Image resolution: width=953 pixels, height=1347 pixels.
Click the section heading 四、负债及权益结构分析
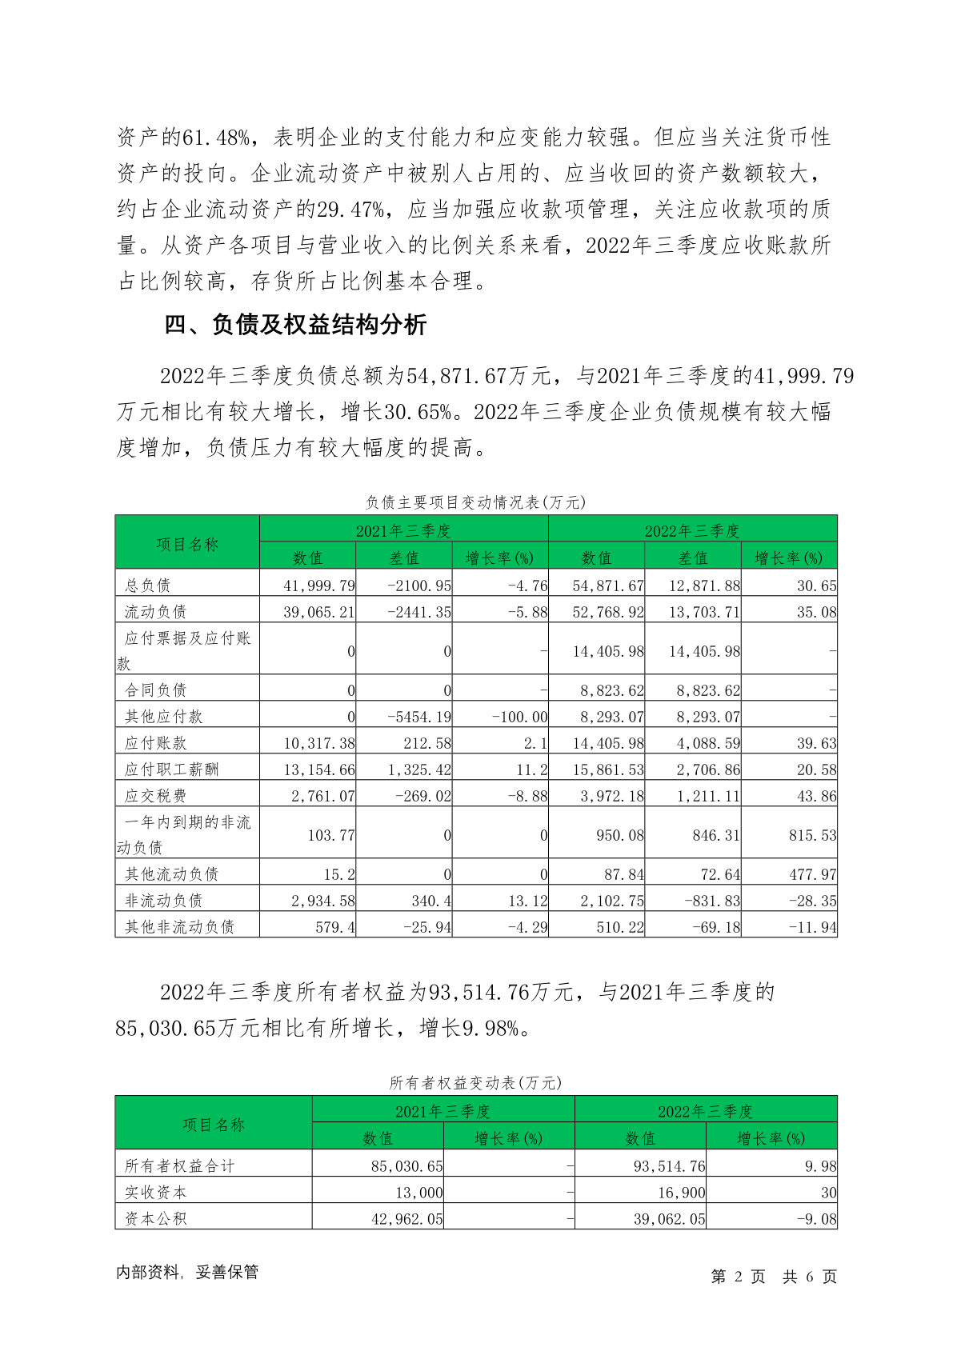[295, 325]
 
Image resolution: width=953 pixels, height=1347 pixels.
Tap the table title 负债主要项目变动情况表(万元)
[475, 502]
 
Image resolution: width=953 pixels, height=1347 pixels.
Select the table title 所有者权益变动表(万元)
[475, 1083]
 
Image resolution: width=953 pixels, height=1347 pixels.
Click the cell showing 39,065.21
[318, 612]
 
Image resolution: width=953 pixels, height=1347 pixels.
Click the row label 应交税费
[155, 796]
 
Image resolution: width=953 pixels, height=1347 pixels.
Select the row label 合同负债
[155, 690]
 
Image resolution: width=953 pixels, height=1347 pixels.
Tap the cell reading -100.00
[519, 717]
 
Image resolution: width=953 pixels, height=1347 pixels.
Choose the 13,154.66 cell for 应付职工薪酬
[318, 769]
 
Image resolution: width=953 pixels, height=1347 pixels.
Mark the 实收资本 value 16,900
[681, 1193]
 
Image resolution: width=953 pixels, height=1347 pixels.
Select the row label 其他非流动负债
[179, 927]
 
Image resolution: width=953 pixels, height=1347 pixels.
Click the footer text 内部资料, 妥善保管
[187, 1273]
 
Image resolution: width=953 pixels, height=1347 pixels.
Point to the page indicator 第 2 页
[738, 1277]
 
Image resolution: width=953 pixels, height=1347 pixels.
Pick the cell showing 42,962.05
[406, 1219]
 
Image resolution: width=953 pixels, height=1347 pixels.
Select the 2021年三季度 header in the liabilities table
[403, 531]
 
